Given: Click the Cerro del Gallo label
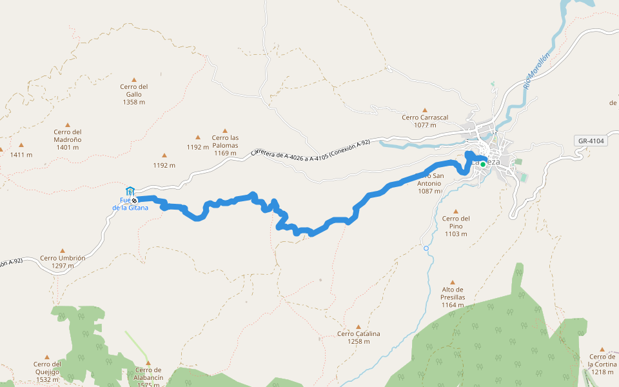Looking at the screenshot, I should pyautogui.click(x=134, y=94).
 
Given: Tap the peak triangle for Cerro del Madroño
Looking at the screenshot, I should pyautogui.click(x=67, y=125).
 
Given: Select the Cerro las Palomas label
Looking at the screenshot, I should pyautogui.click(x=225, y=141).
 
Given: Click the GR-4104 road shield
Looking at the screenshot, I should pyautogui.click(x=591, y=141).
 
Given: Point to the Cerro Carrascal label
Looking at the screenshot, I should pyautogui.click(x=424, y=121).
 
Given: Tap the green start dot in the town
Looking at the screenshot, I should pyautogui.click(x=482, y=164).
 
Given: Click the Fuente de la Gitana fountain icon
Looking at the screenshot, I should pyautogui.click(x=130, y=191).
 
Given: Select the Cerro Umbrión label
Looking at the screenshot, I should pyautogui.click(x=63, y=261).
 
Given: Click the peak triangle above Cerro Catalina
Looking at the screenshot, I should pyautogui.click(x=359, y=326).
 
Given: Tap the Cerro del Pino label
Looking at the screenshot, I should pyautogui.click(x=456, y=226).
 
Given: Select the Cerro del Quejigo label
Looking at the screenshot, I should pyautogui.click(x=47, y=371).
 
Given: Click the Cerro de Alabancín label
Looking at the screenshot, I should pyautogui.click(x=149, y=377).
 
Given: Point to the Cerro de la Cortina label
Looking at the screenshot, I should pyautogui.click(x=602, y=364).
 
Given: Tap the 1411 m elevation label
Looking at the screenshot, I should pyautogui.click(x=21, y=155).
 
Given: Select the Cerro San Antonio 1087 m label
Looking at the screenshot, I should pyautogui.click(x=431, y=183).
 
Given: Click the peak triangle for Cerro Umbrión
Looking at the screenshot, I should pyautogui.click(x=63, y=251).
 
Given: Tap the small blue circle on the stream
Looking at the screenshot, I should pyautogui.click(x=426, y=248).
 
